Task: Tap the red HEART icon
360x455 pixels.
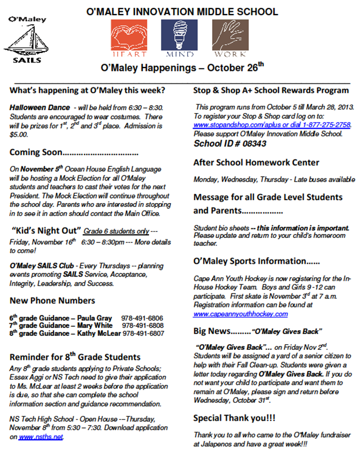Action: pyautogui.click(x=129, y=38)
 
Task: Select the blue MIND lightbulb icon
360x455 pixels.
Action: pyautogui.click(x=179, y=38)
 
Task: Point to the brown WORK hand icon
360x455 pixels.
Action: pyautogui.click(x=230, y=38)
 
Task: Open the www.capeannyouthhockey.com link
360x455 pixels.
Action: pyautogui.click(x=241, y=314)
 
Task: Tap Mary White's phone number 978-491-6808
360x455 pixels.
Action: pyautogui.click(x=143, y=326)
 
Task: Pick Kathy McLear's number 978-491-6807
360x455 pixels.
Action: pyautogui.click(x=143, y=333)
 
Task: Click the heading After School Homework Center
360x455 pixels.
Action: pyautogui.click(x=256, y=163)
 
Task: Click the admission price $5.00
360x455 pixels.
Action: pyautogui.click(x=19, y=135)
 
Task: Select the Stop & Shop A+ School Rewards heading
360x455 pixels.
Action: pyautogui.click(x=271, y=90)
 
